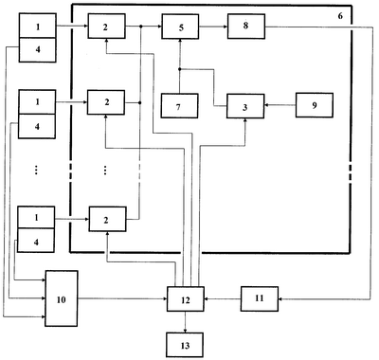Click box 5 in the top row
[180, 27]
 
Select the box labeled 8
[246, 27]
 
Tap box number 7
[179, 106]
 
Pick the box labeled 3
[245, 106]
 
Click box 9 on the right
[315, 105]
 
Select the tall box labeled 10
[62, 298]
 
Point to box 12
[186, 299]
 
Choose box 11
[260, 298]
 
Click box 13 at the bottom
[185, 345]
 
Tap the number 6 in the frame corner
[340, 16]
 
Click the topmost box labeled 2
[106, 26]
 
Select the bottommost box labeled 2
[108, 219]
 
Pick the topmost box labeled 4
[38, 50]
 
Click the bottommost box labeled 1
[36, 217]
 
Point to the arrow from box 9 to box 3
[280, 105]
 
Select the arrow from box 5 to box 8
[213, 27]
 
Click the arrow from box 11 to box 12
[223, 298]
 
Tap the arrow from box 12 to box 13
[185, 322]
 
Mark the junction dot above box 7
[179, 69]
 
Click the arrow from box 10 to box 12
[122, 298]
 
